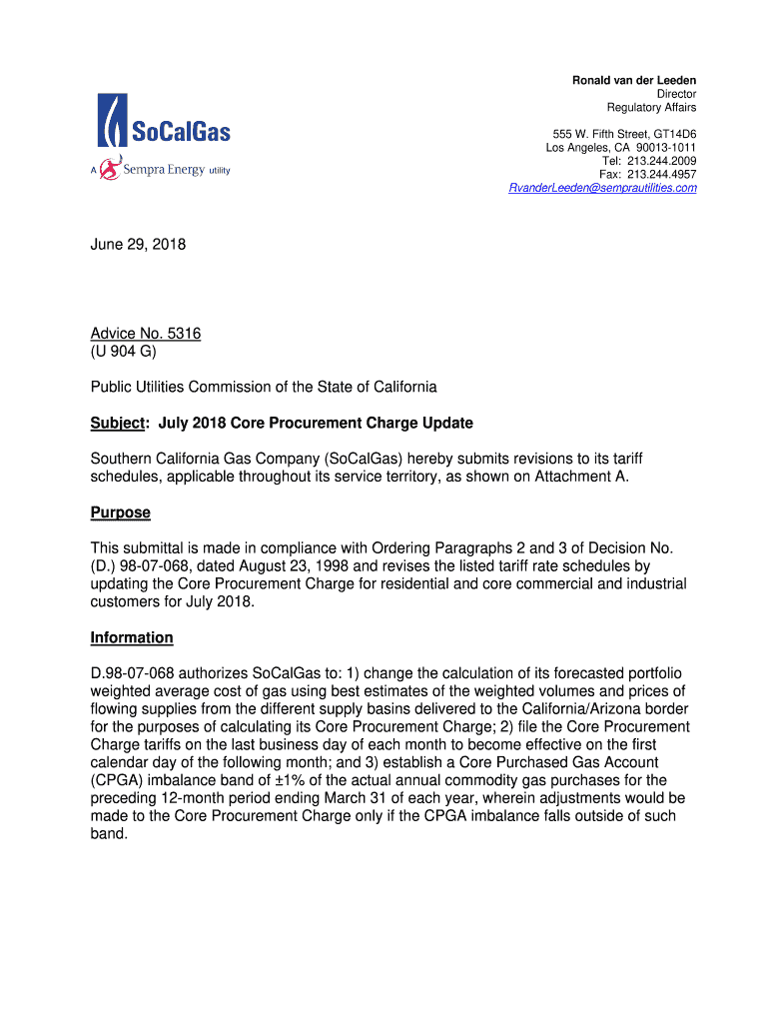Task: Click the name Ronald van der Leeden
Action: click(x=633, y=80)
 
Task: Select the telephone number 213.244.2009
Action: click(x=662, y=161)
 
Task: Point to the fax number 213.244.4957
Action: click(x=662, y=174)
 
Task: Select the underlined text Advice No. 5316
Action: click(x=146, y=333)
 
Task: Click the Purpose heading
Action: click(x=120, y=512)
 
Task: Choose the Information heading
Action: click(x=132, y=637)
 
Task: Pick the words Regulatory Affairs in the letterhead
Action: click(x=651, y=108)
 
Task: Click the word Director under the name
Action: click(x=675, y=94)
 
